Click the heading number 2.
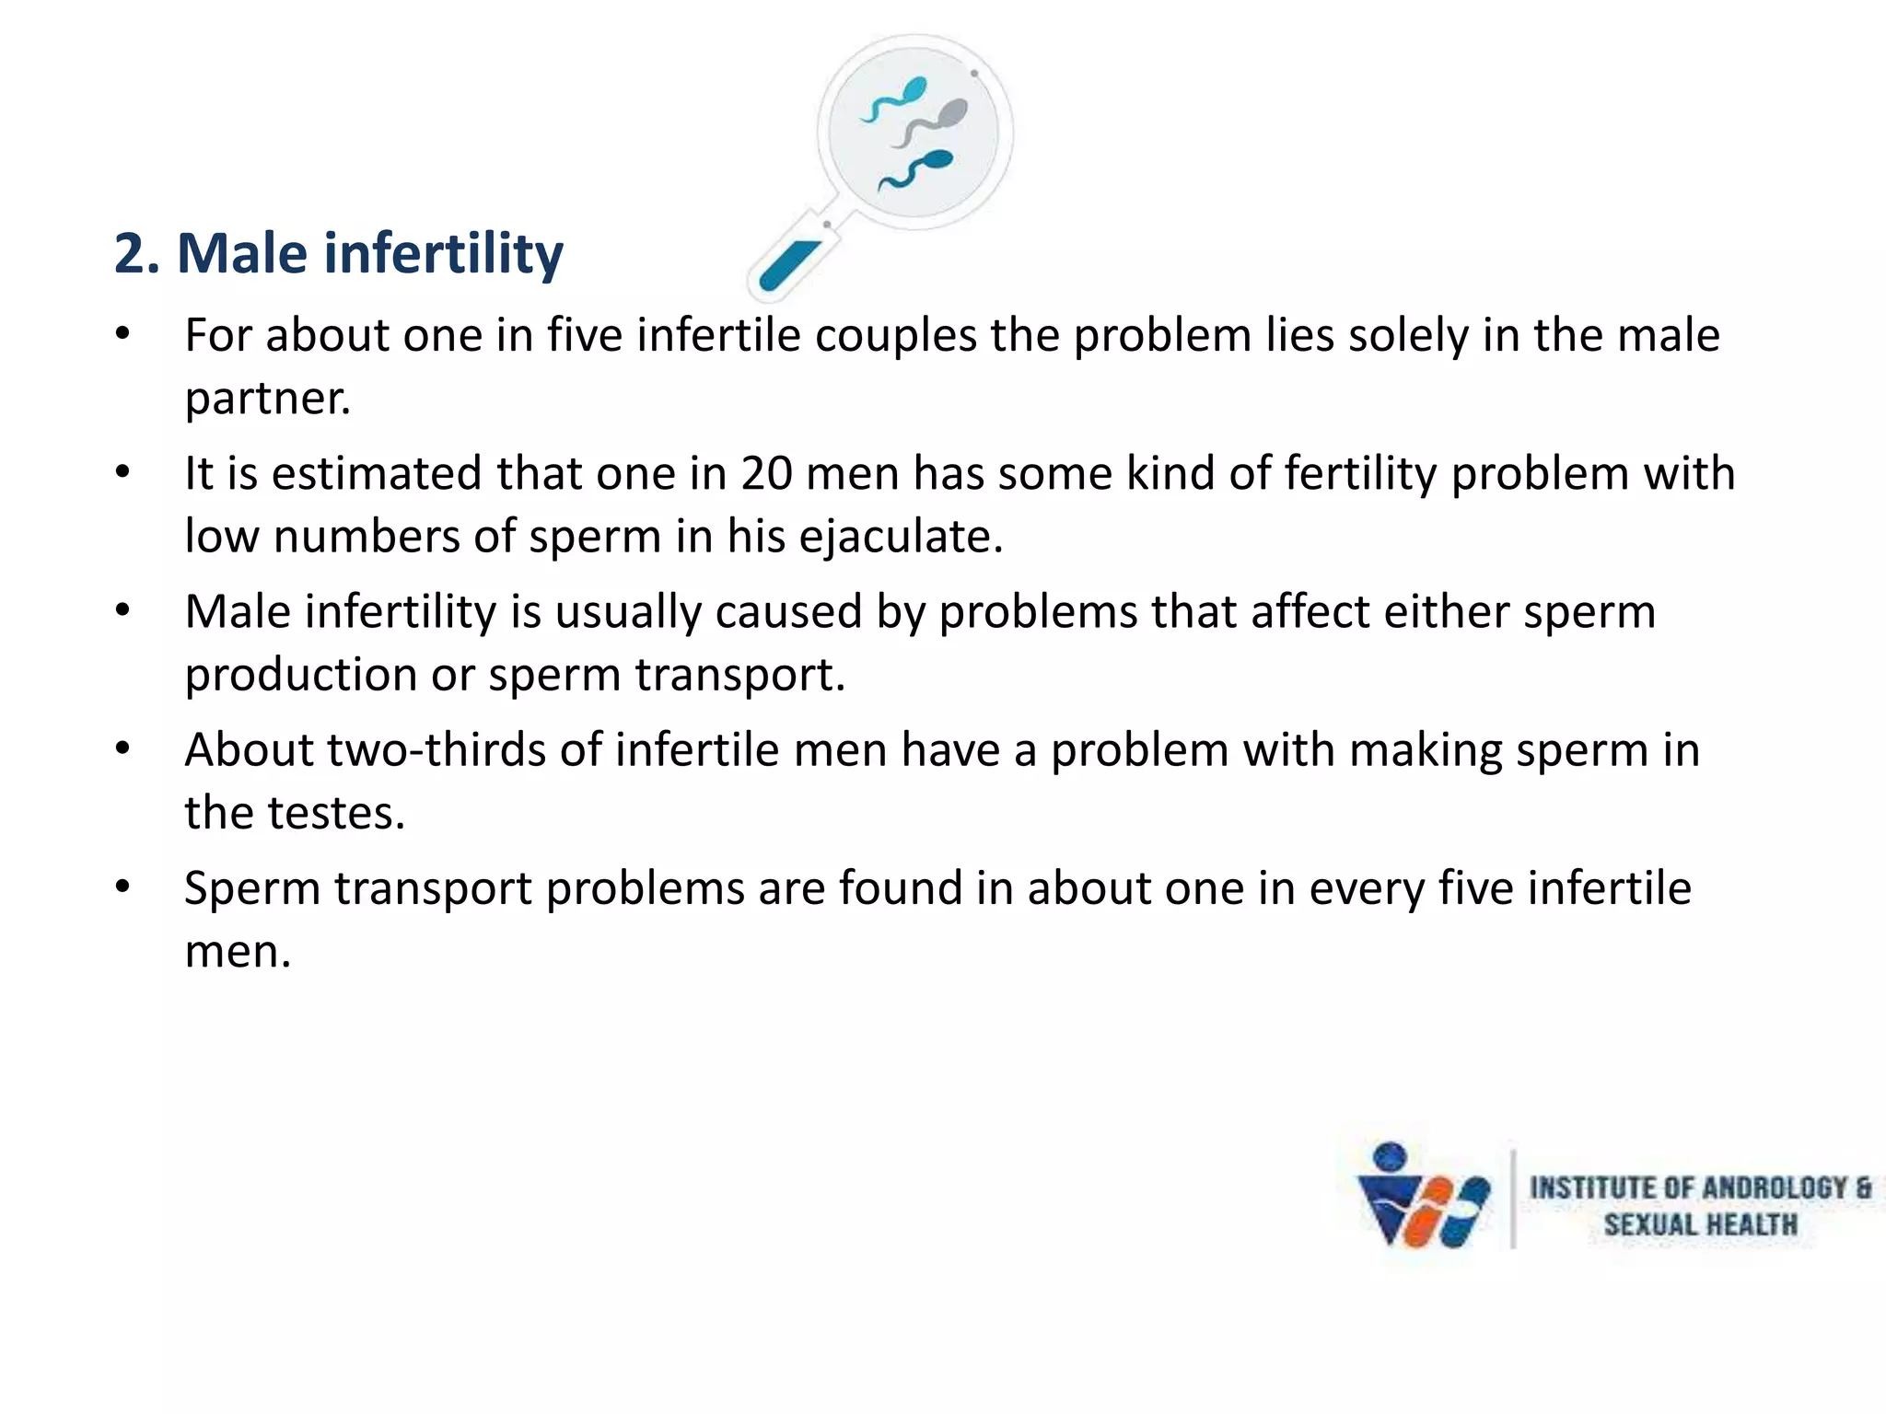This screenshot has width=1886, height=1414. (134, 254)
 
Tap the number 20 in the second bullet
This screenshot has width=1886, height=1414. (766, 474)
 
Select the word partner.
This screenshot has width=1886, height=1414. (267, 400)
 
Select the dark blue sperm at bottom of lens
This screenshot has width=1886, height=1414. (917, 169)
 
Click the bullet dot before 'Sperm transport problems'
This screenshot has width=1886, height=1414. (122, 887)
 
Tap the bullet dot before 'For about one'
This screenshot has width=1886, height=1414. (122, 335)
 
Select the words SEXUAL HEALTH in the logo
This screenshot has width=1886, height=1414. (1700, 1225)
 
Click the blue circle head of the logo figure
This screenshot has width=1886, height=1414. (1391, 1156)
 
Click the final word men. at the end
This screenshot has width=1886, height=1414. (238, 952)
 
